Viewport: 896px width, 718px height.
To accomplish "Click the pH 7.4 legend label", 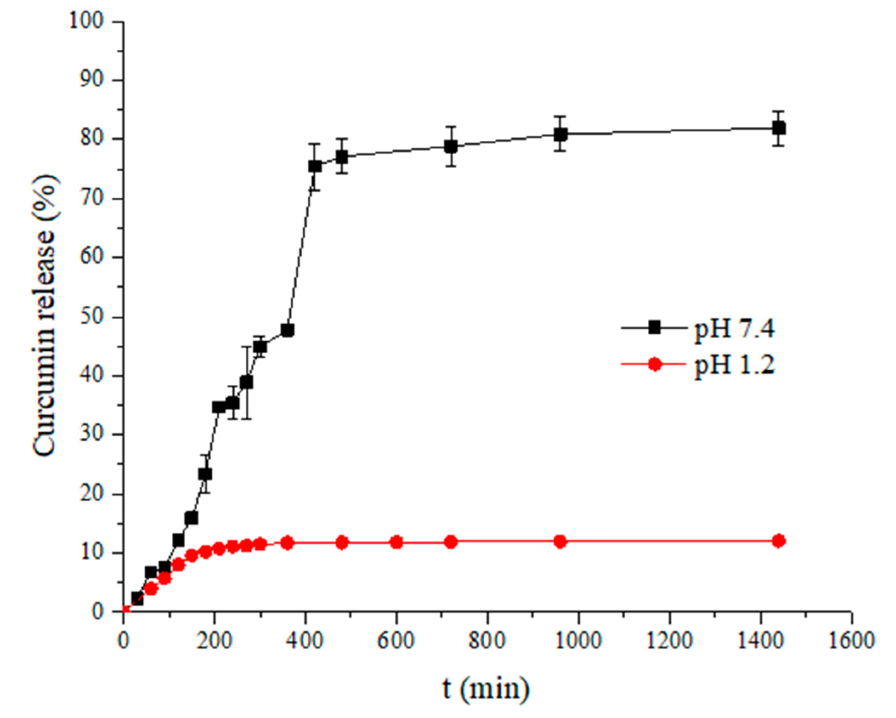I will click(x=734, y=329).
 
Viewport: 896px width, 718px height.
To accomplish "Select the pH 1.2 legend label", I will click(x=734, y=365).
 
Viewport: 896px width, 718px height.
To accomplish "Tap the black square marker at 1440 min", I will click(x=778, y=128).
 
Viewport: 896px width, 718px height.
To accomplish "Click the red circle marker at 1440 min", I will click(x=778, y=541).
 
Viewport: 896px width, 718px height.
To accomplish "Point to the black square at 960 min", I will click(x=560, y=134).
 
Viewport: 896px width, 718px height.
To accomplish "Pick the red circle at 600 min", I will click(x=396, y=542).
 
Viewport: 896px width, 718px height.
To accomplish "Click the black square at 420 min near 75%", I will click(x=315, y=166).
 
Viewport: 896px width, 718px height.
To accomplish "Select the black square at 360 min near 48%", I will click(x=288, y=330).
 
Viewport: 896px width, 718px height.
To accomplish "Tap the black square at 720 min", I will click(x=451, y=146).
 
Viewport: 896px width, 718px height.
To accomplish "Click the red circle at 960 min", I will click(x=560, y=542).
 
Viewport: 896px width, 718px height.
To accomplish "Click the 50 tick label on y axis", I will click(x=92, y=317).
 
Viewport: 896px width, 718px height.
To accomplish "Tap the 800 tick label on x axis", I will click(x=487, y=640).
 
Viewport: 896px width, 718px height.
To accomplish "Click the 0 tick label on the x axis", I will click(x=123, y=640).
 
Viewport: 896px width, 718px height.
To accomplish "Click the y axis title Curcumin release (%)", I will click(x=45, y=317).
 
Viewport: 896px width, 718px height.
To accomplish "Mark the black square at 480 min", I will click(x=342, y=157).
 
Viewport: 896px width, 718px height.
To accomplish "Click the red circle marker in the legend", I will click(x=655, y=365).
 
